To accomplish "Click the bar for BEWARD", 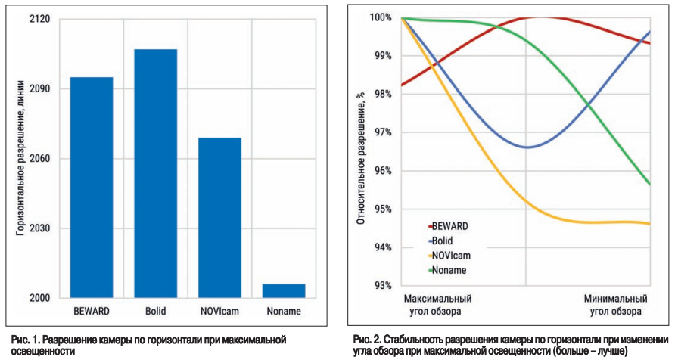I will [x=92, y=187].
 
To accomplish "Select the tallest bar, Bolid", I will [x=156, y=173].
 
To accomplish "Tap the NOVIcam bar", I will [x=219, y=217].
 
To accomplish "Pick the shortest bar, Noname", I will [x=284, y=290].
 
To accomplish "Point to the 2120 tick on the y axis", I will [x=39, y=18].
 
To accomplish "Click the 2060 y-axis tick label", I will [x=39, y=159].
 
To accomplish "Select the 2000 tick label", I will [x=39, y=298].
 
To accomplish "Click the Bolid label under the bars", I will [x=156, y=311].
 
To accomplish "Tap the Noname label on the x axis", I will [x=284, y=311].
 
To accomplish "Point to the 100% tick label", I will [x=380, y=17].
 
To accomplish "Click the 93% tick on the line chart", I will [x=382, y=286].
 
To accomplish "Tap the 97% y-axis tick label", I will [x=382, y=132].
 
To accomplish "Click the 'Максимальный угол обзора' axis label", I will [x=438, y=305].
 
